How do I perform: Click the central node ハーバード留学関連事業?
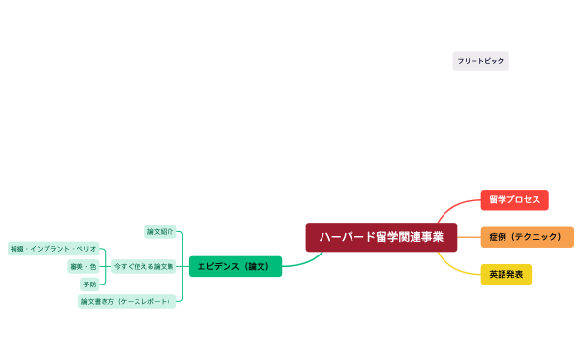[382, 237]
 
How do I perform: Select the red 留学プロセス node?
[514, 200]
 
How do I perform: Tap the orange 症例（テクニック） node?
[527, 237]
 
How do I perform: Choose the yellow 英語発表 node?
[506, 274]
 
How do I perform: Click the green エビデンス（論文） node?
[234, 266]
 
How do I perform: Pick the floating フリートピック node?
[480, 61]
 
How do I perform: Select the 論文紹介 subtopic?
[161, 232]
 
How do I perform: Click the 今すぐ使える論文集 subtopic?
[144, 266]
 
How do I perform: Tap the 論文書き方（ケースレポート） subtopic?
[128, 301]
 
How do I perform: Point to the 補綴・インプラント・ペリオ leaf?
[53, 249]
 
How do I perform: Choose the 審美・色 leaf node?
[82, 266]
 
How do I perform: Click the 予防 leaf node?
[89, 285]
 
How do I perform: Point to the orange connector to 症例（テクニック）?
[469, 237]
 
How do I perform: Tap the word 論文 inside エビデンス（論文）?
[257, 266]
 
